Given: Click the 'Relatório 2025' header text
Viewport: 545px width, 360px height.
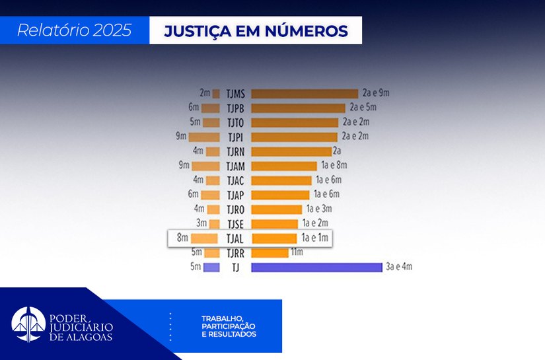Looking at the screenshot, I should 74,30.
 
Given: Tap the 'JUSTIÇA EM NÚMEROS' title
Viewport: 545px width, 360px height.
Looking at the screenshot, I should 255,31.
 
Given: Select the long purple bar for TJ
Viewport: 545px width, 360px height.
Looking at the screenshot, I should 316,268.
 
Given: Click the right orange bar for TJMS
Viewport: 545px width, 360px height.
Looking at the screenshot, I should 304,94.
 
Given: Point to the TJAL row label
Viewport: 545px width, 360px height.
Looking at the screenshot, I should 235,239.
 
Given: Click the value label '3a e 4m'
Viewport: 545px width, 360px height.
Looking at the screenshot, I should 399,268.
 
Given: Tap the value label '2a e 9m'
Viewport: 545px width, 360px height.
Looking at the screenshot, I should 376,93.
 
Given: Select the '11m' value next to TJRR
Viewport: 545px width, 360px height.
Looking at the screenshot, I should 298,253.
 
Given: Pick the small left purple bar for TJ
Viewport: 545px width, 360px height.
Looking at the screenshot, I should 211,268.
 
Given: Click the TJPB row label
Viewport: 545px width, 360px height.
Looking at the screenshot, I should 235,108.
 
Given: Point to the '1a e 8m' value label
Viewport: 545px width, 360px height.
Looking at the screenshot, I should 334,165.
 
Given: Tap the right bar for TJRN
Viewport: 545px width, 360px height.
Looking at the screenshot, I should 291,151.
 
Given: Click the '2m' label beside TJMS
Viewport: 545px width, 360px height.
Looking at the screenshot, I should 205,93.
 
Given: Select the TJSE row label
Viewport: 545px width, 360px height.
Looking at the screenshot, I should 235,224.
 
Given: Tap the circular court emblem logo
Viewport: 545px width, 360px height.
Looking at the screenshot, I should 28,324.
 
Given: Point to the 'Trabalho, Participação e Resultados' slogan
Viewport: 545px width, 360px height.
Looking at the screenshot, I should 229,326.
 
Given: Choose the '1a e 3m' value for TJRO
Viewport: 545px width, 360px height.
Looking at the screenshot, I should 318,209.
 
